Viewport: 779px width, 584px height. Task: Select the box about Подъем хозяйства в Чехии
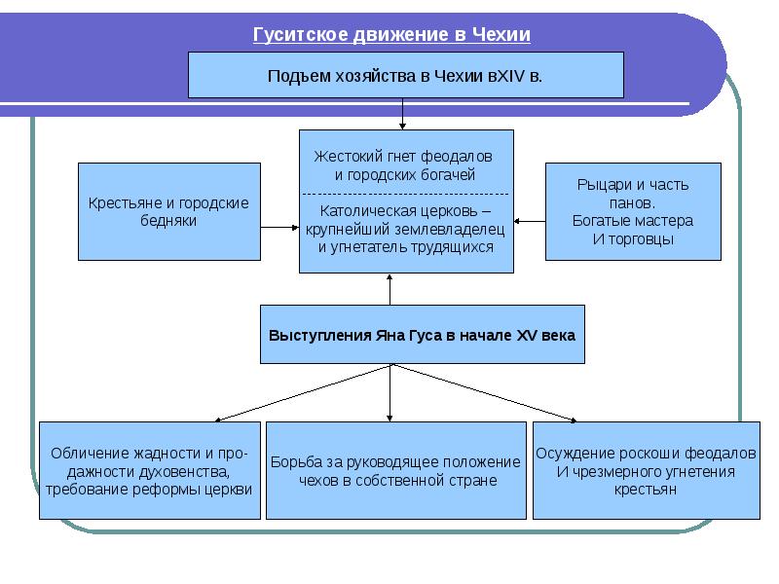(405, 75)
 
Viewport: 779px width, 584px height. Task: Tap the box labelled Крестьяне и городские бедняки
(169, 211)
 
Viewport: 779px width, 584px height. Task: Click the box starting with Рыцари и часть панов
(633, 211)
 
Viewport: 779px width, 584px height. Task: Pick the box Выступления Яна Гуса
(422, 335)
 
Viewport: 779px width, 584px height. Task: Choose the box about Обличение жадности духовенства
(150, 470)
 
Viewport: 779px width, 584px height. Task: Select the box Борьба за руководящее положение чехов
(396, 470)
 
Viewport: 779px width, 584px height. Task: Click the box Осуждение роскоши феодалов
(646, 470)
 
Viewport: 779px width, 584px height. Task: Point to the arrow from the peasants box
(279, 228)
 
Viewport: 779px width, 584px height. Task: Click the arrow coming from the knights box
(530, 222)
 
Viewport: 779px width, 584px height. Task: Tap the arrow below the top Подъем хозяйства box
(402, 113)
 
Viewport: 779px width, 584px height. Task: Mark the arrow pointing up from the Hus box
(390, 289)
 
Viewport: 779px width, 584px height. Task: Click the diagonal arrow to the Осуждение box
(487, 393)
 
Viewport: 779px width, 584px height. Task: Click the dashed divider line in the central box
(405, 195)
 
